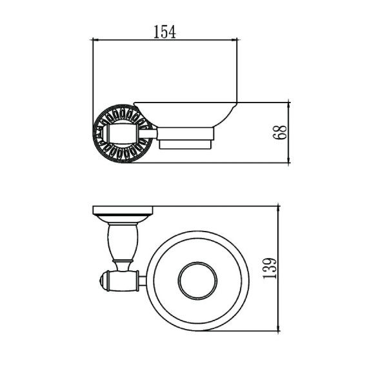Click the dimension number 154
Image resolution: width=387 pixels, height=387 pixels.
click(164, 32)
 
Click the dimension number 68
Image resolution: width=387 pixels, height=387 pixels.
click(280, 132)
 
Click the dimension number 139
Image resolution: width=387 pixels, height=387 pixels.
click(270, 268)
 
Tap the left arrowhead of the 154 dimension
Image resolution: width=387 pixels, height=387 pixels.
click(95, 39)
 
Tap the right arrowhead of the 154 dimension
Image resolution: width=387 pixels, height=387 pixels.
click(233, 39)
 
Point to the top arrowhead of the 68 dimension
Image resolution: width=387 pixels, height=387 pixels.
click(289, 105)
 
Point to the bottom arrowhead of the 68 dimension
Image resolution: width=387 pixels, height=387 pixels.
click(289, 159)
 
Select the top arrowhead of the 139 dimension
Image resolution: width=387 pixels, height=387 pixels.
click(279, 209)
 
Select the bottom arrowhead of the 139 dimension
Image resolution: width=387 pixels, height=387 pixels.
click(279, 328)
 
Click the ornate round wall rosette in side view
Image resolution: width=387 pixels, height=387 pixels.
click(123, 134)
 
